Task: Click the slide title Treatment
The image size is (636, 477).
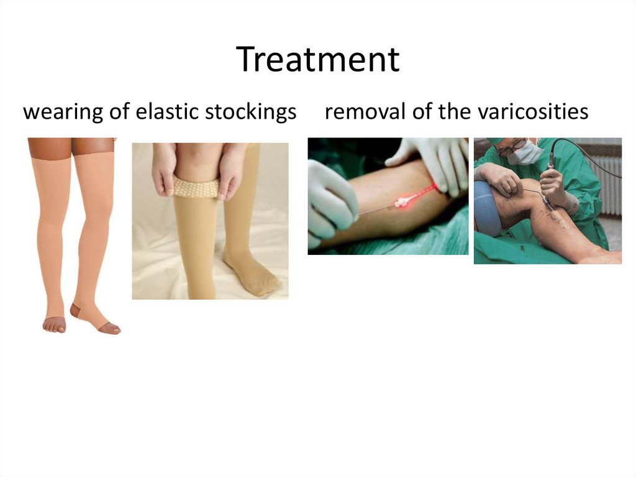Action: (x=317, y=60)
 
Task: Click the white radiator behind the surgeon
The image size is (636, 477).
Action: (x=605, y=180)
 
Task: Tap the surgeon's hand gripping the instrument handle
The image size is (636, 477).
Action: (x=553, y=183)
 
